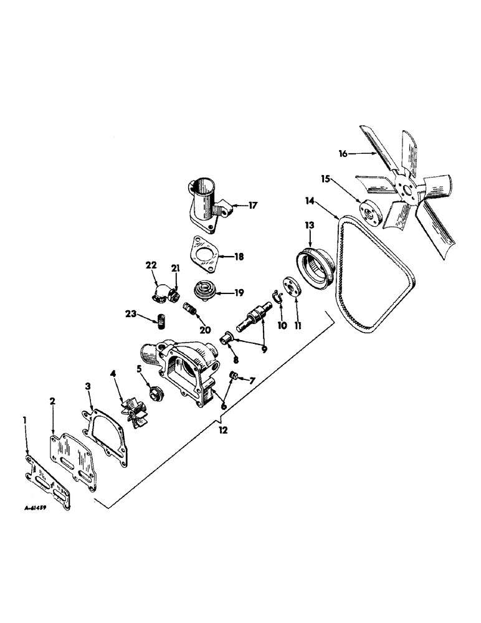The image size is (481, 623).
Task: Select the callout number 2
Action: (x=54, y=402)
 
